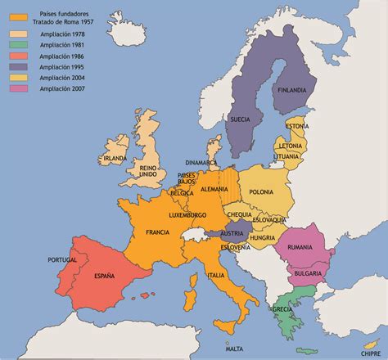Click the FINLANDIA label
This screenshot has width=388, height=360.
pyautogui.click(x=292, y=89)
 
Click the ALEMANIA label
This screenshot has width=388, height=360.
pyautogui.click(x=214, y=189)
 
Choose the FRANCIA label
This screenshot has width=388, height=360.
pyautogui.click(x=157, y=232)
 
